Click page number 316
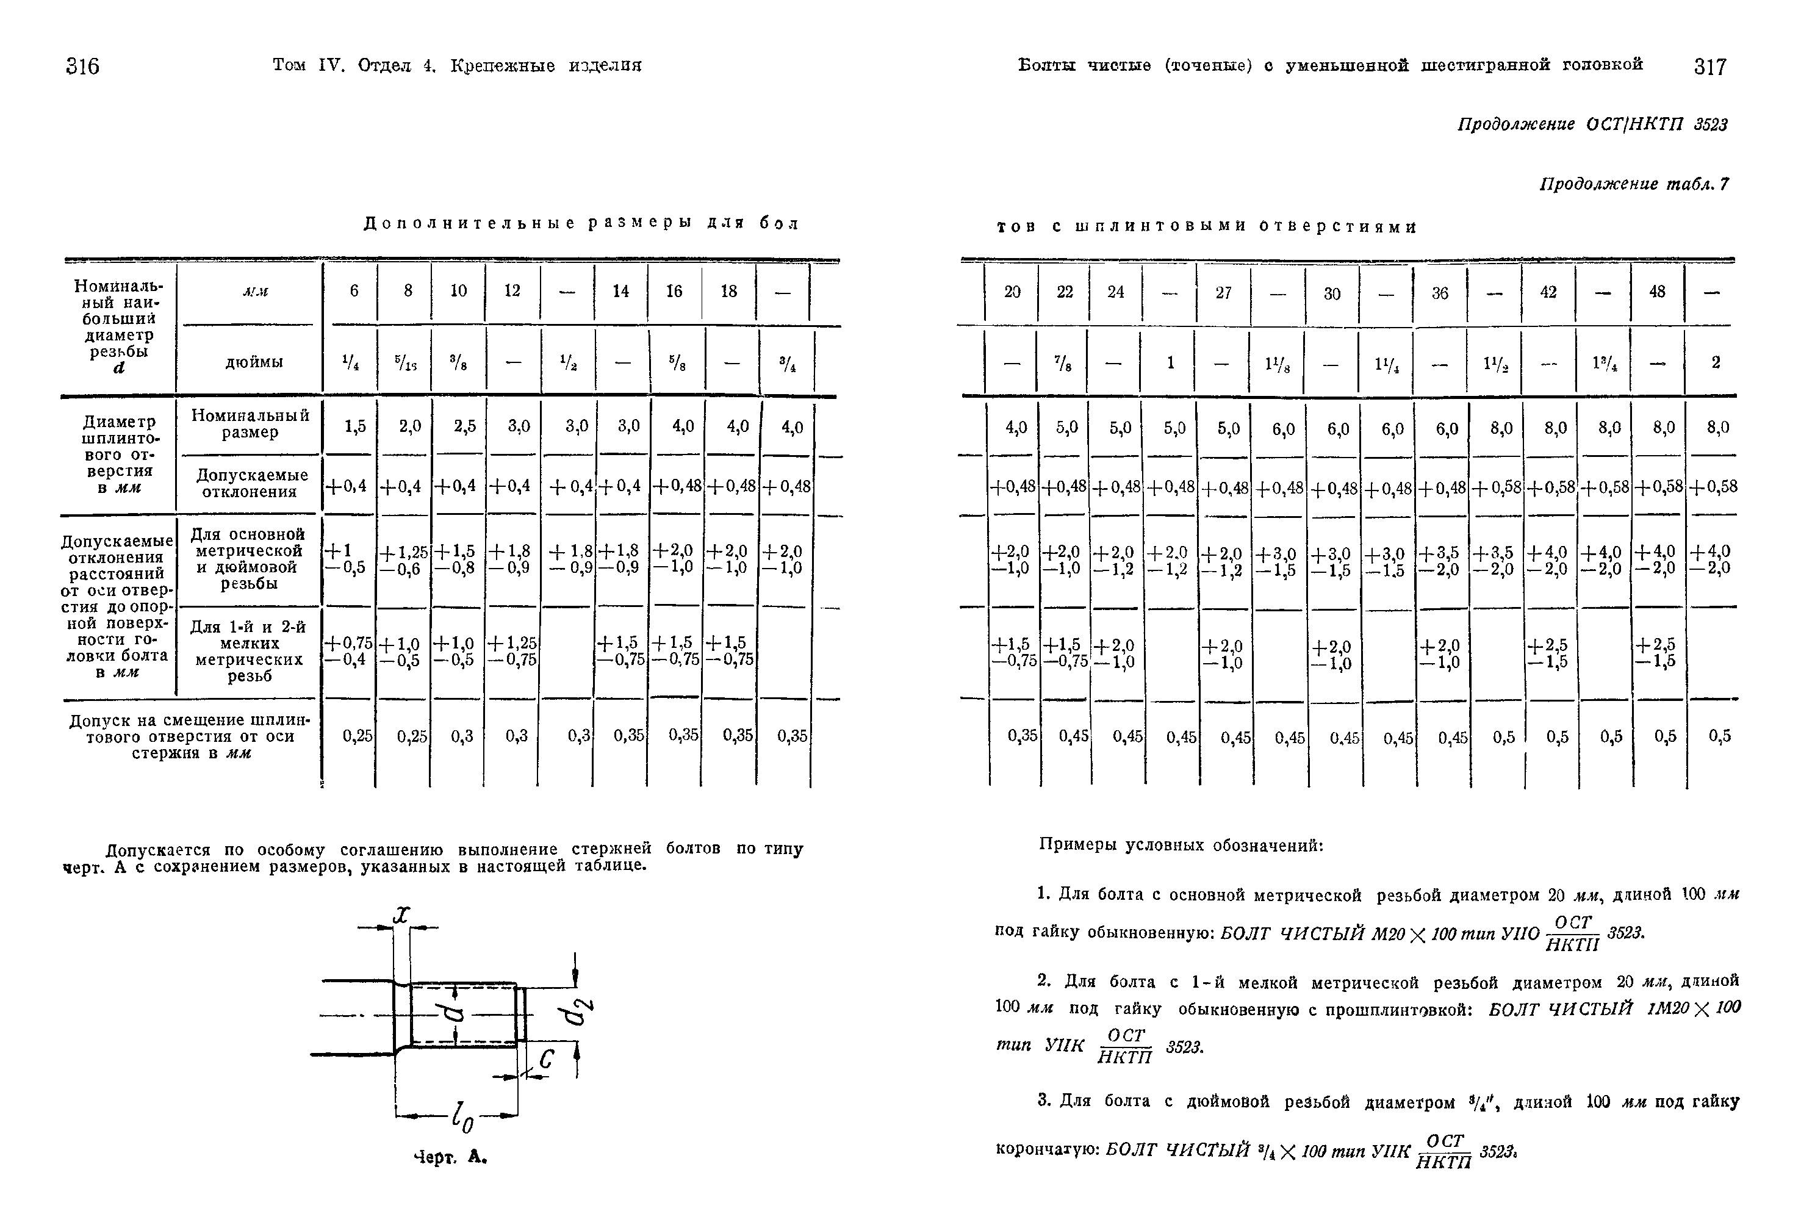coord(83,66)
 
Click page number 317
coord(1709,67)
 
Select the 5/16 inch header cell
coord(404,361)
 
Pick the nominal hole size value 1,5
coord(355,426)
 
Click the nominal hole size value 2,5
coord(465,426)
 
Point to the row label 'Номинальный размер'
coord(250,424)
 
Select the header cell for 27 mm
coord(1223,293)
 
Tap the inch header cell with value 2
coord(1715,362)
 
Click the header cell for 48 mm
coord(1657,292)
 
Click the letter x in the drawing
coord(401,914)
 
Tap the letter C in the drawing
coord(547,1058)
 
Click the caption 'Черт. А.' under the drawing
coord(450,1158)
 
